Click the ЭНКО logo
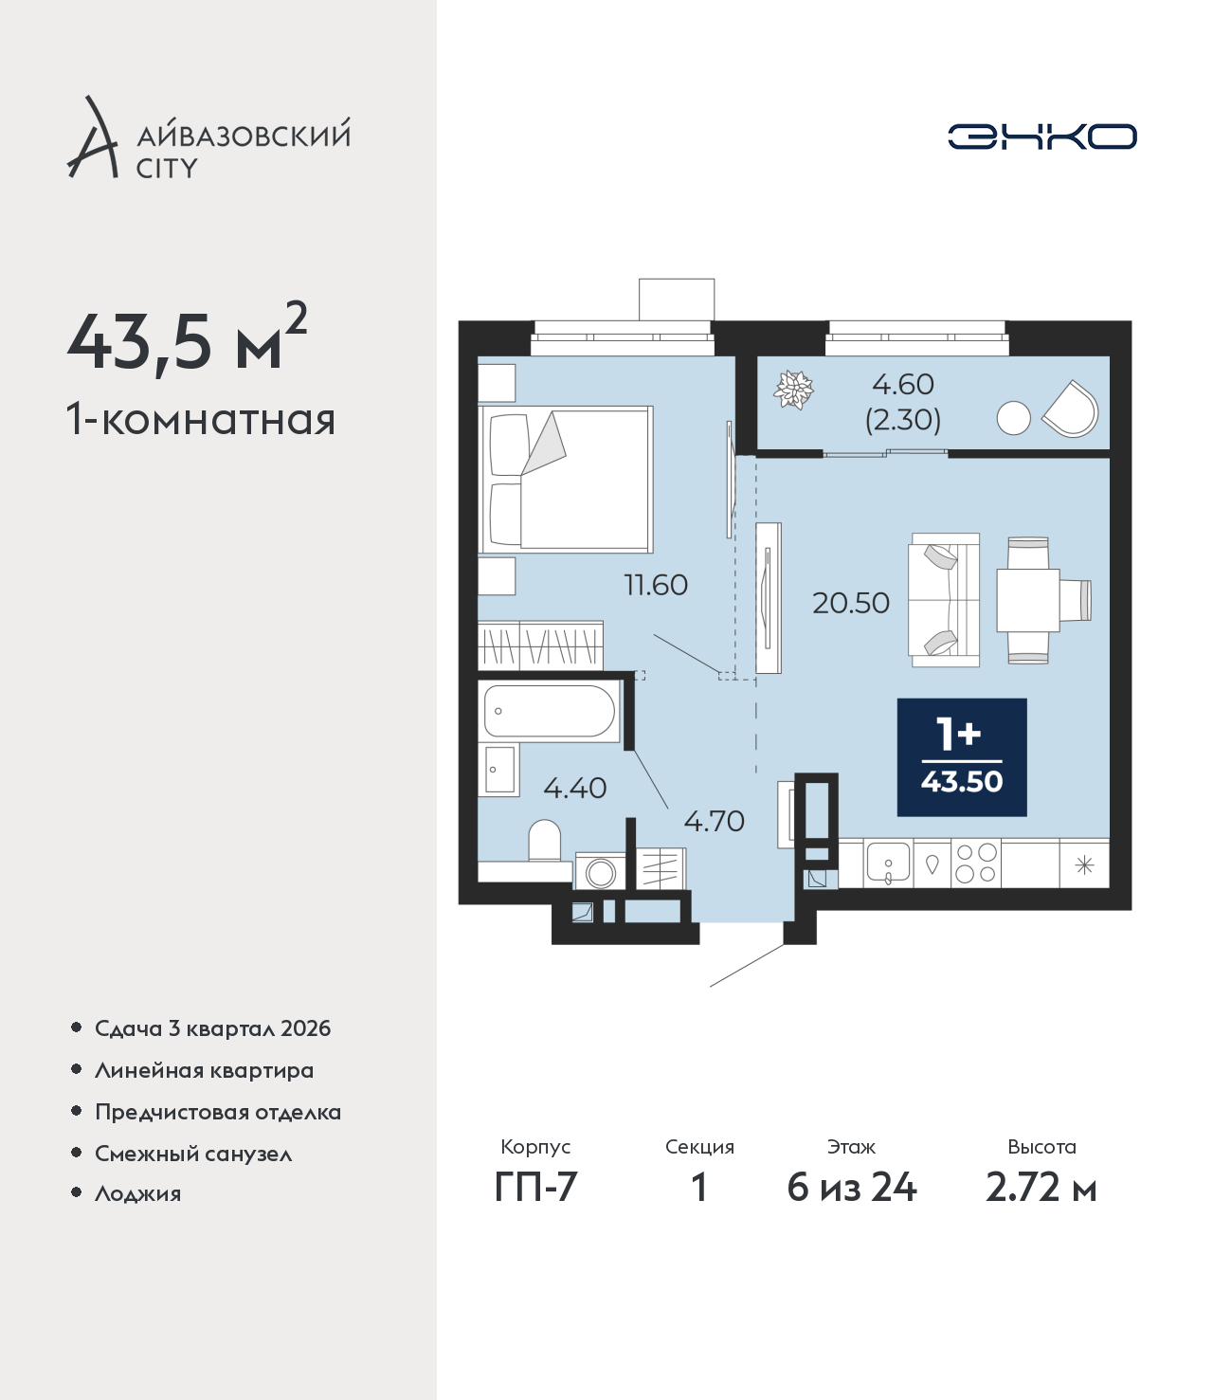1041,136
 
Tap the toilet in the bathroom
544,841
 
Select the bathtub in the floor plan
550,711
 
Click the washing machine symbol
600,872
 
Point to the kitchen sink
888,864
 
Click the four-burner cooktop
976,863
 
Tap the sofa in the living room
944,599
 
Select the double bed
566,480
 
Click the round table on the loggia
1013,418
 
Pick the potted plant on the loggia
794,390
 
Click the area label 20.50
851,603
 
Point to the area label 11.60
656,585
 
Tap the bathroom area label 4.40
575,788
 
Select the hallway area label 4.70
714,821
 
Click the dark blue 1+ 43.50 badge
962,756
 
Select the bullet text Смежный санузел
193,1154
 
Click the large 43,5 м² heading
188,342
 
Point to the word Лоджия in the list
138,1194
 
